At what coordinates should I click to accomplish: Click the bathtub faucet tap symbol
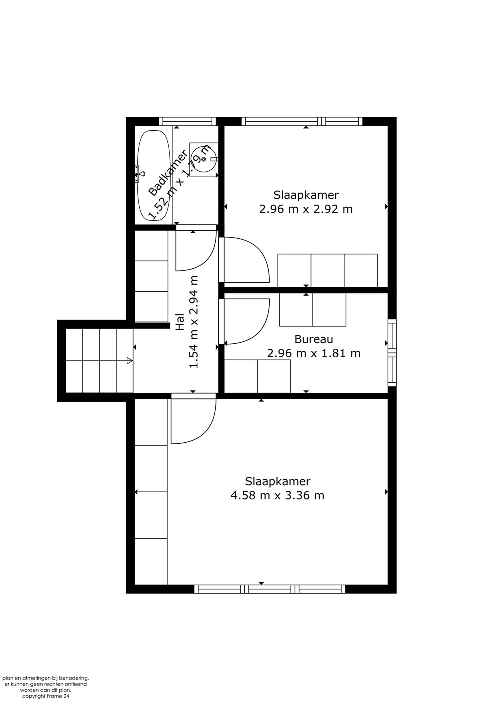[139, 174]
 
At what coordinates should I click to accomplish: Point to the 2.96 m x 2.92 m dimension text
[306, 209]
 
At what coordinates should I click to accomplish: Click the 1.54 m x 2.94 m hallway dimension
[194, 322]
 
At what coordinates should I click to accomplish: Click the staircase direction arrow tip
[132, 361]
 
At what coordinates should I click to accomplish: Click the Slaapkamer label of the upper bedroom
[306, 195]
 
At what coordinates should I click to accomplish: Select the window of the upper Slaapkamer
[302, 122]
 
